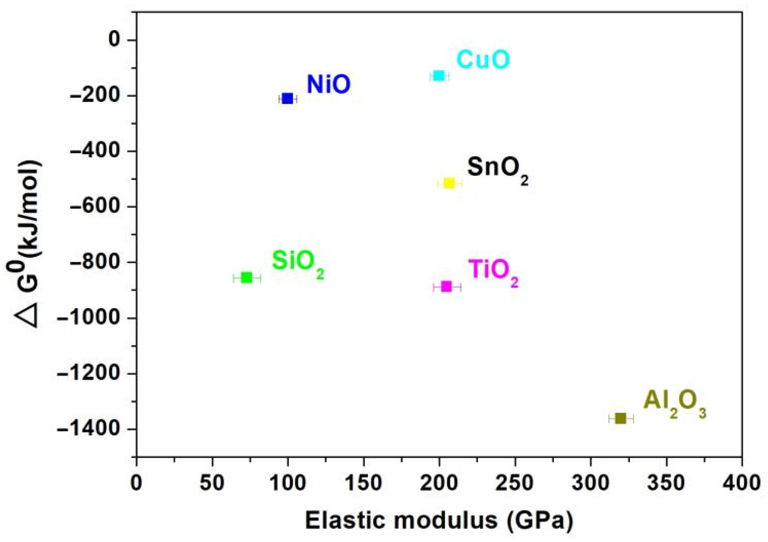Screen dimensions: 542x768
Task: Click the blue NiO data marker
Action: pos(288,99)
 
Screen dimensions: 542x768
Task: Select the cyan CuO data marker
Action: pos(439,76)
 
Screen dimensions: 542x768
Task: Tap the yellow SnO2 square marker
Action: pos(449,183)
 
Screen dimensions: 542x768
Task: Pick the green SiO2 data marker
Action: pos(247,278)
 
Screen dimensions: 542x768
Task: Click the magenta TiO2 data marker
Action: pos(446,287)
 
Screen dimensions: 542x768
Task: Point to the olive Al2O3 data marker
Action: pos(621,418)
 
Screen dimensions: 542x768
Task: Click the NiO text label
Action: pos(328,84)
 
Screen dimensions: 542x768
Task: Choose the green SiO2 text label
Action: pos(297,263)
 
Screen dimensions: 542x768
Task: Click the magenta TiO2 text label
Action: pos(493,272)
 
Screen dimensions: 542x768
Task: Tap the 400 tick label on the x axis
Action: pos(741,483)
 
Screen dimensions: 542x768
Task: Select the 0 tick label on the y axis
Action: pos(114,40)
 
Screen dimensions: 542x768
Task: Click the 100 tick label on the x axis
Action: pos(288,483)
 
